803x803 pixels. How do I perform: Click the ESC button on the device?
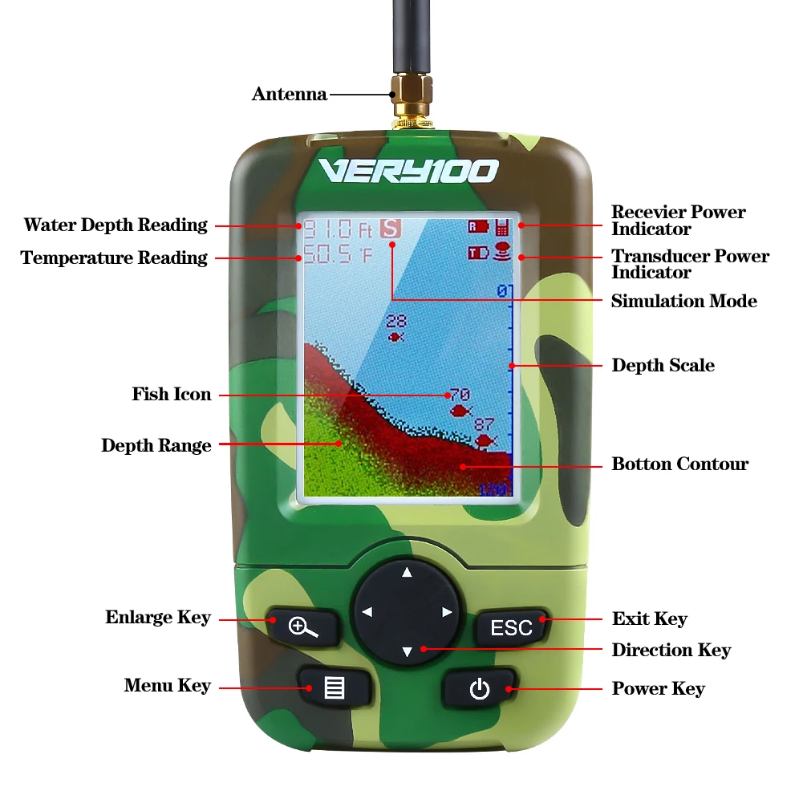click(512, 627)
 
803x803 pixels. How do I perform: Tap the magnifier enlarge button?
click(303, 627)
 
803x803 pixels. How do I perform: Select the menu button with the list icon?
click(335, 687)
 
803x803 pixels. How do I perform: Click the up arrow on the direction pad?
click(407, 573)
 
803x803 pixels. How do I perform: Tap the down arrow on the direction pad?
click(408, 651)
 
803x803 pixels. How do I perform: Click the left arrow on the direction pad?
click(367, 612)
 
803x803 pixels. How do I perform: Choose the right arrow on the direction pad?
click(447, 612)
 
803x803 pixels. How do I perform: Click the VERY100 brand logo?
click(408, 171)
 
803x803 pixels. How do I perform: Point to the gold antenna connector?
click(412, 100)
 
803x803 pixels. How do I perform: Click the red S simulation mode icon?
click(391, 229)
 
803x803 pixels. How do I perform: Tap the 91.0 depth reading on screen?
click(327, 229)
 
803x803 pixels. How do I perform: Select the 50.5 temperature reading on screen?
click(327, 254)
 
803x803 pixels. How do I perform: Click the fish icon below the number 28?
click(395, 336)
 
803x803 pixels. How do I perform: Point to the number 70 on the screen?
click(460, 395)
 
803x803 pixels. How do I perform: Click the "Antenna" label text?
click(290, 94)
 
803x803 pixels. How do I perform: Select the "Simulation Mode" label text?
click(684, 301)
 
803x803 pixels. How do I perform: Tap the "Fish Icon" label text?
click(172, 394)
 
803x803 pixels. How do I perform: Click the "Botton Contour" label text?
click(680, 464)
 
